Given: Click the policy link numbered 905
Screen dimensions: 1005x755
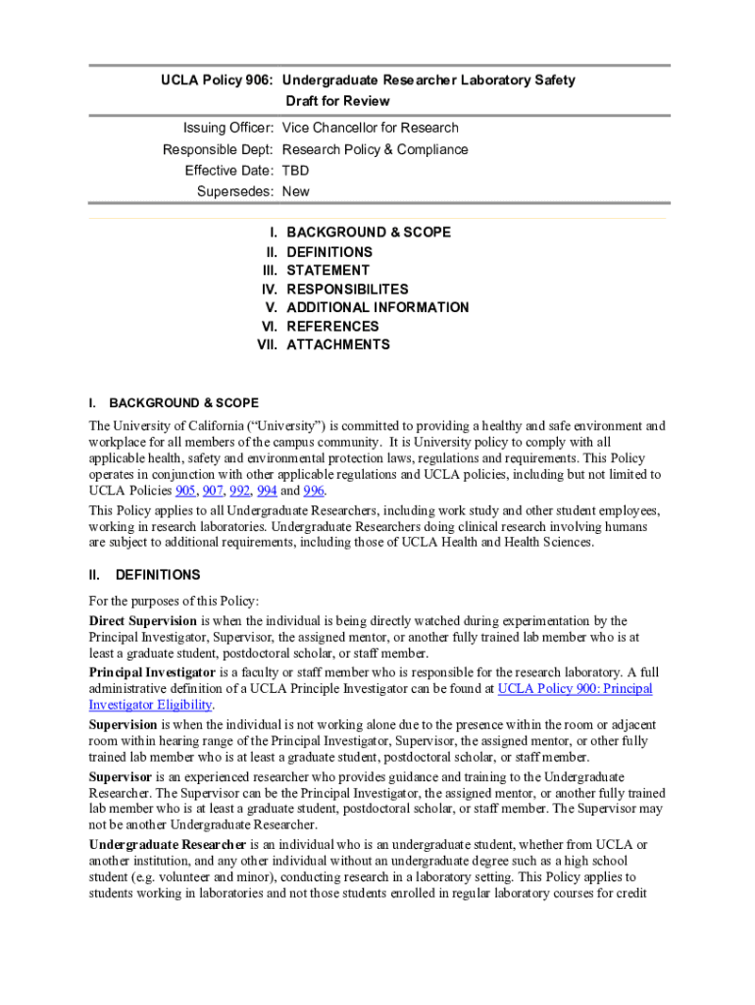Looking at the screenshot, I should click(x=185, y=490).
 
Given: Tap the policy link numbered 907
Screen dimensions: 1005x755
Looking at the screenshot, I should click(x=213, y=490).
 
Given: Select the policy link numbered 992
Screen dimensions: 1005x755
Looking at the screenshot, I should click(x=239, y=490).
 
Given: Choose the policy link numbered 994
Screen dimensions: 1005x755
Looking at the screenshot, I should click(x=267, y=490).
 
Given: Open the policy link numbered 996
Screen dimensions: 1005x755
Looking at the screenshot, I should click(x=314, y=490).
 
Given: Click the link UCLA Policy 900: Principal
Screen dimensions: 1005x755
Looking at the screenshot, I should click(x=575, y=689).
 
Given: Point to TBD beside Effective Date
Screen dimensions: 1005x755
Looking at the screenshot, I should click(x=295, y=171).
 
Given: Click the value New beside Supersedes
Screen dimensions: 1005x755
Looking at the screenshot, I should click(x=295, y=192).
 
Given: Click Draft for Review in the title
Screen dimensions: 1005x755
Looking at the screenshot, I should click(x=337, y=101).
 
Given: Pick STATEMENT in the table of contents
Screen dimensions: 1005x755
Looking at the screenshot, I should click(x=327, y=270).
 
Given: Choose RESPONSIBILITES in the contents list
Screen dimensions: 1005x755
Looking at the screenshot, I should click(x=347, y=290).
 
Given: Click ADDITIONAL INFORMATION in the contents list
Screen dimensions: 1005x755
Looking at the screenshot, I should click(x=377, y=307).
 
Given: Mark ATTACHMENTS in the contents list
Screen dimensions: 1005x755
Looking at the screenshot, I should click(x=337, y=344).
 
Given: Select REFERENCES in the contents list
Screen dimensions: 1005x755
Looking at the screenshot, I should click(x=332, y=326).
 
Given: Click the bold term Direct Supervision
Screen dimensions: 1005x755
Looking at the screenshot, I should click(x=143, y=621).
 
